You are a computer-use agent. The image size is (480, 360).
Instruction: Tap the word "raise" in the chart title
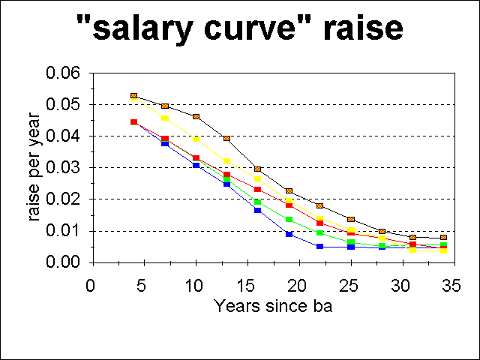pos(358,29)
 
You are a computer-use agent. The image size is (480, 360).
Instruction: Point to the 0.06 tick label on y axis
pos(64,73)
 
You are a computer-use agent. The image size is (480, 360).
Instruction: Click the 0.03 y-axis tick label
pos(64,168)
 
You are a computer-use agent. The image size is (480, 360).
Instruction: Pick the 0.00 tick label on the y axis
pos(64,262)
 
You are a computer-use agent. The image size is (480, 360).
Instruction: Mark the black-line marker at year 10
pos(196,117)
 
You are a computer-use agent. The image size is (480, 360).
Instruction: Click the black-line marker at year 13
pos(226,139)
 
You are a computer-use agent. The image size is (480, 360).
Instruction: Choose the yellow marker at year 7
pos(165,118)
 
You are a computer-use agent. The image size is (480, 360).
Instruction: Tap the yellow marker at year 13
pos(226,160)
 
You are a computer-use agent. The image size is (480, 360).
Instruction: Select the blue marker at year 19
pos(289,234)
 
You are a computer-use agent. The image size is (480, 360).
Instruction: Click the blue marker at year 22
pos(319,246)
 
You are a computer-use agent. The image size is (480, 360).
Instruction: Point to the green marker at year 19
pos(289,220)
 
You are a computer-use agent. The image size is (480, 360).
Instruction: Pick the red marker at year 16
pos(257,189)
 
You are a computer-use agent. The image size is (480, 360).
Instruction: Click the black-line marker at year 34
pos(444,238)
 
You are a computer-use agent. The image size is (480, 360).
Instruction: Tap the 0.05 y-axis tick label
pos(64,105)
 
